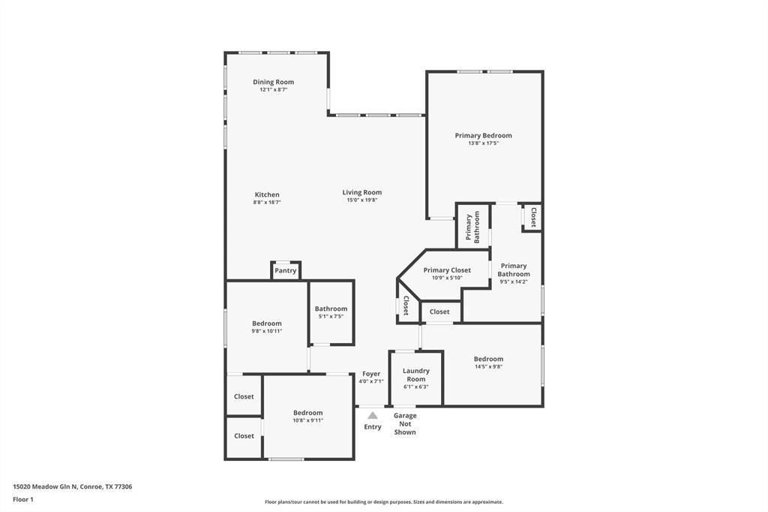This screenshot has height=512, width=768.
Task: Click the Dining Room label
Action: point(273,82)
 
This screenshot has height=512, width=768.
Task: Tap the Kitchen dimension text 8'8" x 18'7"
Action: point(267,202)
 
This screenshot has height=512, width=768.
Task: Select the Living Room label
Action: point(362,192)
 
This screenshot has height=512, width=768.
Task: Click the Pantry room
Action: point(286,270)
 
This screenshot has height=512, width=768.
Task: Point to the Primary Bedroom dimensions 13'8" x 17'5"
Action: point(484,143)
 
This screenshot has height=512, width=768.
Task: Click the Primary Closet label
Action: point(447,270)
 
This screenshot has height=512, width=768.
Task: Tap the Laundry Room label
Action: point(416,375)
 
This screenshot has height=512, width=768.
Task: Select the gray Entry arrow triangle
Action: point(373,415)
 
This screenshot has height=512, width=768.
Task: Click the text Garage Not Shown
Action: point(405,423)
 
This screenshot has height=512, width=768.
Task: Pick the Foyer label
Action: point(371,374)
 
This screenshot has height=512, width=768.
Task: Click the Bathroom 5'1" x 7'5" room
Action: point(331,312)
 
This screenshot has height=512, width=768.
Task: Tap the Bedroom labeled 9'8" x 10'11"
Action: point(267,327)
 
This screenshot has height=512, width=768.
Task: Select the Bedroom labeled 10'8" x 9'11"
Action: point(308,417)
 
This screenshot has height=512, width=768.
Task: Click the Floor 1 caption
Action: point(23,500)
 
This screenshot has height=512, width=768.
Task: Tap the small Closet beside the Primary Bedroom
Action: point(532,217)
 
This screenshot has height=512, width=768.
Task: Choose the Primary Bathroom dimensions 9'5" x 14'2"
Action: point(513,282)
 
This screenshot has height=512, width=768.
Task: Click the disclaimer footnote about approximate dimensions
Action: point(384,501)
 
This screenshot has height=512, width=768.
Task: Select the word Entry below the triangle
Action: point(373,426)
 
